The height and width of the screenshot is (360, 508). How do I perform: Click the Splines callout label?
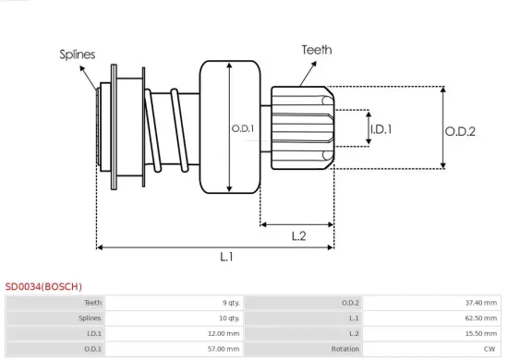[78, 54]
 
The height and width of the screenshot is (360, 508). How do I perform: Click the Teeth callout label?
[317, 50]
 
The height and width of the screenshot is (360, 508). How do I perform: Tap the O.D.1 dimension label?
[243, 128]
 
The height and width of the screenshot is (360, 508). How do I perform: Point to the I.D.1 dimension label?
[381, 130]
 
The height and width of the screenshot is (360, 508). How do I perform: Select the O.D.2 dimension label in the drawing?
[459, 132]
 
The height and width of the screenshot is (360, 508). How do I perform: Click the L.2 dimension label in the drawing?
[298, 235]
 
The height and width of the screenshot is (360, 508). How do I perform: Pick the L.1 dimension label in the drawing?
[226, 258]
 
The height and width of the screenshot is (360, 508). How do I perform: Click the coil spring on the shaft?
[163, 129]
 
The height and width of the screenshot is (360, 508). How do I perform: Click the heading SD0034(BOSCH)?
[43, 287]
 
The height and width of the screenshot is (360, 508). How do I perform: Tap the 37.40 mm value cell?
[479, 302]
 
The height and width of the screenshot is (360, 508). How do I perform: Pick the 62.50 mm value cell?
[479, 318]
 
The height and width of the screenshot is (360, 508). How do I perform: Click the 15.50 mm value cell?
[479, 333]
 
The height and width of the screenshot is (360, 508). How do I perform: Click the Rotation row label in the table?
[345, 349]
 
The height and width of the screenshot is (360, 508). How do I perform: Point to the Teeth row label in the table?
[93, 302]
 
